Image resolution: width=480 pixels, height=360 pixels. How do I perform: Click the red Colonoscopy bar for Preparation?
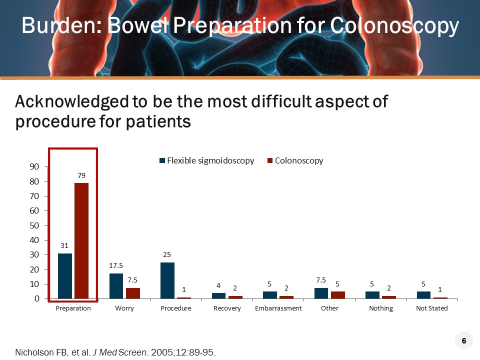(81, 240)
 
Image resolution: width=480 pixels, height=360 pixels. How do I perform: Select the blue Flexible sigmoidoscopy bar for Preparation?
(65, 276)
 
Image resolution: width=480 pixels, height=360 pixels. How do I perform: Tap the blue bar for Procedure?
(167, 280)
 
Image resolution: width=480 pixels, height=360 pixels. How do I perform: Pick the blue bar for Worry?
(116, 286)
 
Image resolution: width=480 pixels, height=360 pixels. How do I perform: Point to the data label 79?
(81, 176)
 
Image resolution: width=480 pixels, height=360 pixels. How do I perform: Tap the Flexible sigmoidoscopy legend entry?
(206, 160)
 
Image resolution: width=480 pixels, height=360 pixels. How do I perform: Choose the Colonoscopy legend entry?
(295, 160)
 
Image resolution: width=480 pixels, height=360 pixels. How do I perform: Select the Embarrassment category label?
(278, 308)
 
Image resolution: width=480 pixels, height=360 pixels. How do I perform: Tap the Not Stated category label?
(432, 308)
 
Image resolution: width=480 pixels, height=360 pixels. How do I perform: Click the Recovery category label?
(227, 308)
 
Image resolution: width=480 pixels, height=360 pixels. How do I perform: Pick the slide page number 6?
(464, 341)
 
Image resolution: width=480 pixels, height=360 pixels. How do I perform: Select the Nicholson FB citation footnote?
(115, 352)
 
